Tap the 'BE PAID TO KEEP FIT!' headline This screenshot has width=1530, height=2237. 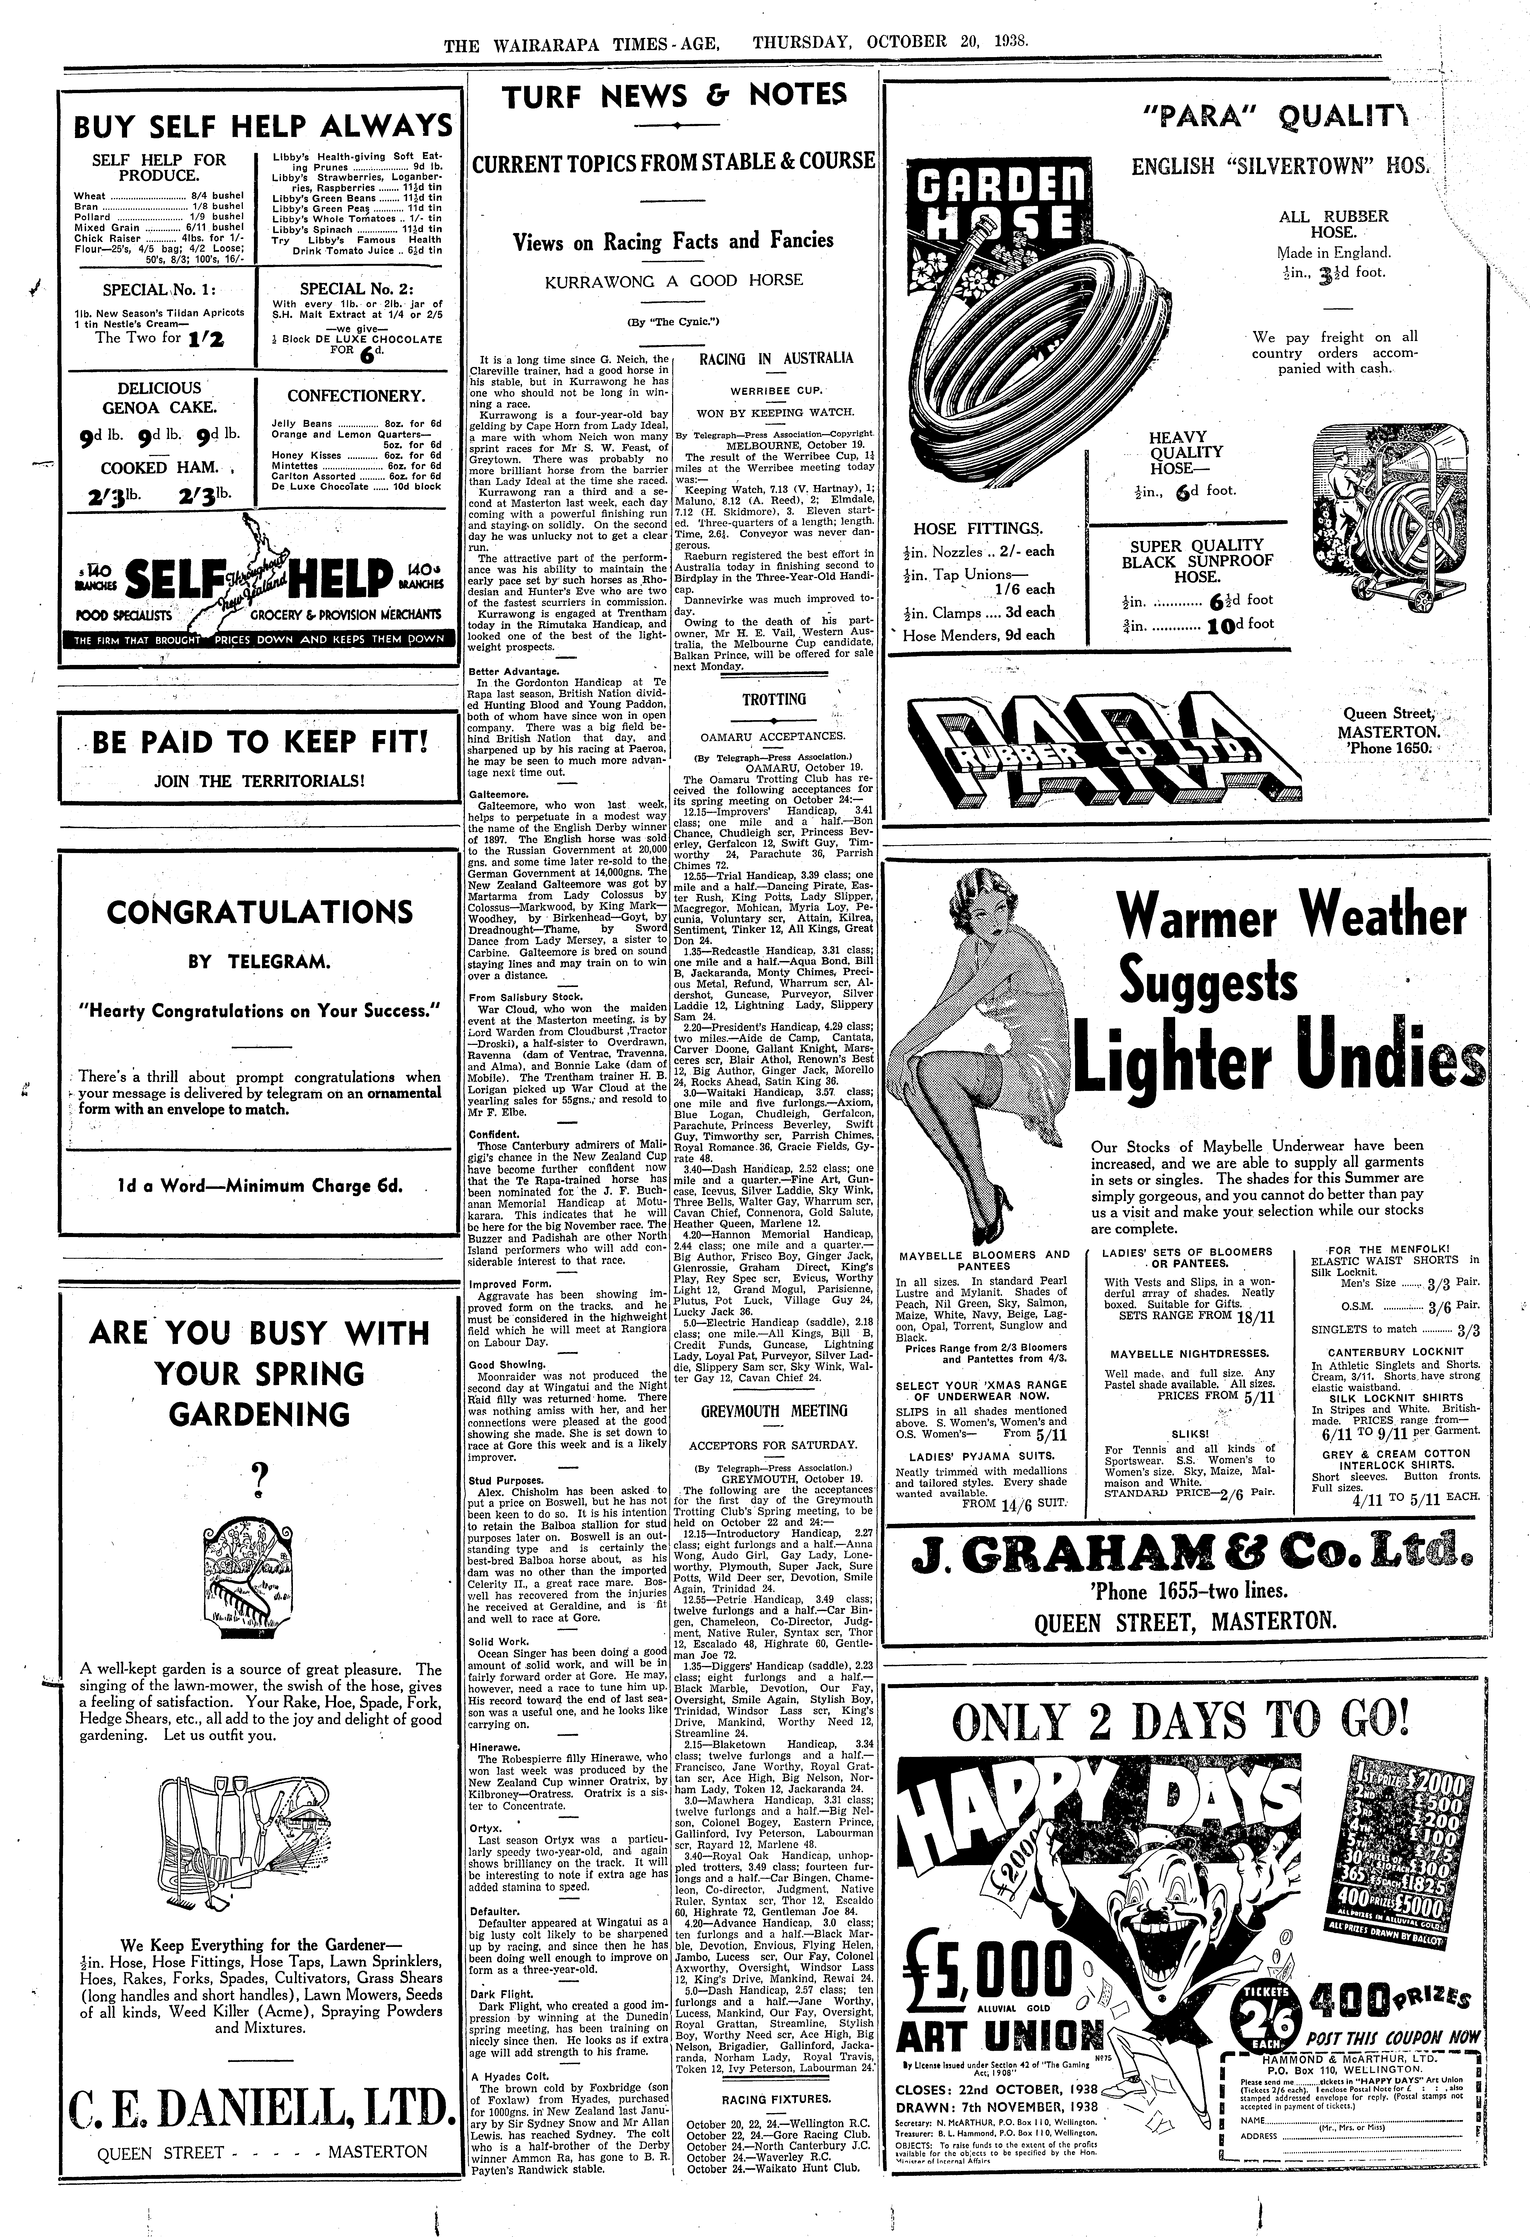pos(260,743)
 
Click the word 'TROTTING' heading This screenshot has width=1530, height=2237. pos(775,700)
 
